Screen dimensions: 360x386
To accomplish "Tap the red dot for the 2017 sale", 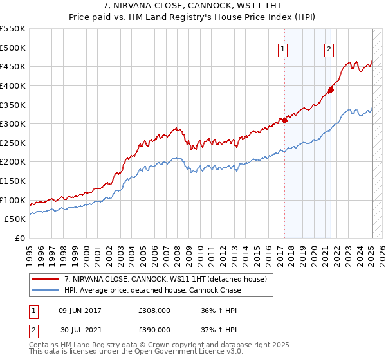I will [x=284, y=120].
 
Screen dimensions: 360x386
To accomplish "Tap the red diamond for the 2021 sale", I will [x=331, y=89].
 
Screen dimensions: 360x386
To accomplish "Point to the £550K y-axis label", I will [x=13, y=29].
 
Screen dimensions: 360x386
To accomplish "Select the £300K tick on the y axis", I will [x=13, y=123].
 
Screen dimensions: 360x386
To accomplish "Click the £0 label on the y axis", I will [x=19, y=238].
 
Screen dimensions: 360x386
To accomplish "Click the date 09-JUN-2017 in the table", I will [x=80, y=310].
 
